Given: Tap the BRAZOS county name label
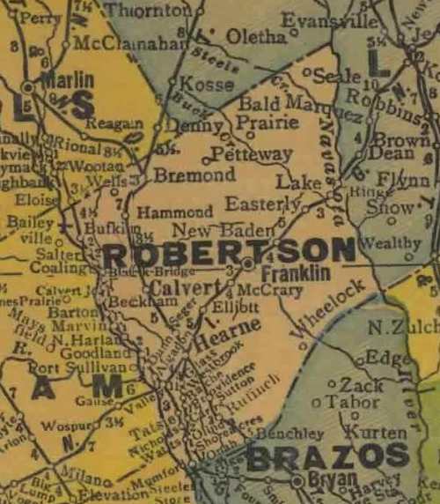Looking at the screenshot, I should (x=327, y=456).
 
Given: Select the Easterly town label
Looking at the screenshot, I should (x=262, y=204).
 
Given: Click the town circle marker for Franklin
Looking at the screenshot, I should (x=248, y=263).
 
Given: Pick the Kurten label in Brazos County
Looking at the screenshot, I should (x=376, y=433).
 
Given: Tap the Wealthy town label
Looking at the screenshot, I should (x=391, y=243).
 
